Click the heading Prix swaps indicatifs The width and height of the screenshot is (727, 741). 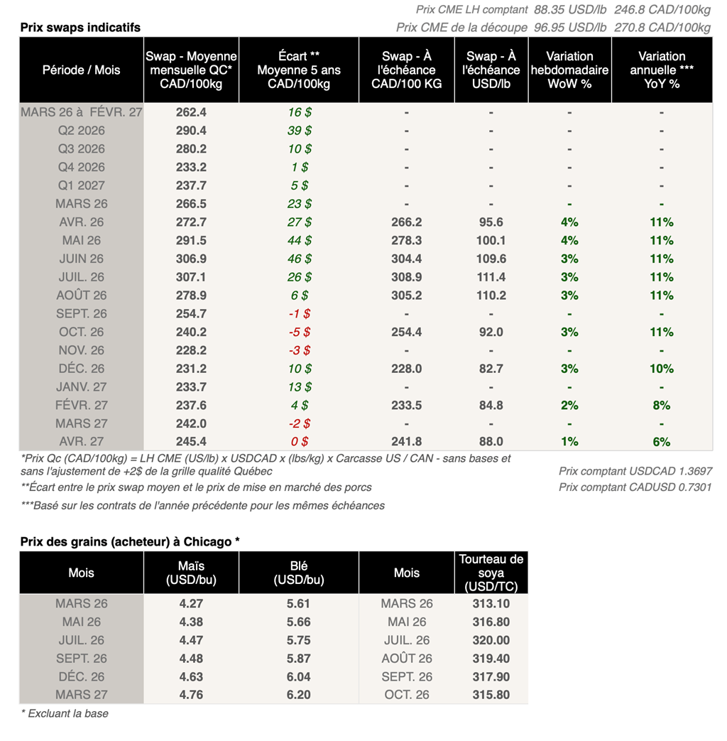coord(80,28)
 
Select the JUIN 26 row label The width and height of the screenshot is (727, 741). coord(82,259)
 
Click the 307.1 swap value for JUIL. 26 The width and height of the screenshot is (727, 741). coord(191,277)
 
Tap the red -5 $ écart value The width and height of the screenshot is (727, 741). coord(298,332)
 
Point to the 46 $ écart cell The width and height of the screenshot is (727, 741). coord(298,259)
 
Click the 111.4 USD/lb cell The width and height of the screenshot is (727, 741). coord(491,277)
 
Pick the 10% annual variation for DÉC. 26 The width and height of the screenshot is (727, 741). coord(661,369)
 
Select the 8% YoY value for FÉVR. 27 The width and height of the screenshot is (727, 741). coord(661,405)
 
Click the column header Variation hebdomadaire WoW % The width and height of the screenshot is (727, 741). coord(569,70)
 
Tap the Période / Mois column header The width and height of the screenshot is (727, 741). coord(82,70)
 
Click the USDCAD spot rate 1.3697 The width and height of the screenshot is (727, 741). coord(695,471)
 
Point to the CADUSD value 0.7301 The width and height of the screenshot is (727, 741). coord(695,487)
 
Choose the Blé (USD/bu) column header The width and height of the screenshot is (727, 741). coord(298,573)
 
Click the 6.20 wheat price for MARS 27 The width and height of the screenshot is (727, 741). coord(298,695)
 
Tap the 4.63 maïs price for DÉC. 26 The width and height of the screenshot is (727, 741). coord(191,676)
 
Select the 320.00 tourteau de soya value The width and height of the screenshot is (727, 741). coord(491,640)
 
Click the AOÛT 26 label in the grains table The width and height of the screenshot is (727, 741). coord(407,659)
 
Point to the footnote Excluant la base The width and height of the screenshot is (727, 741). coord(65,713)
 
